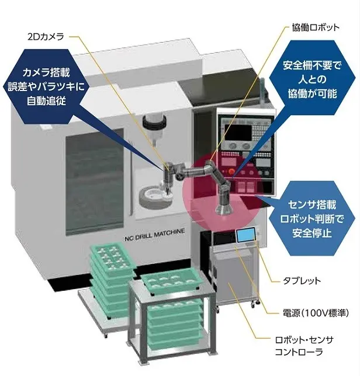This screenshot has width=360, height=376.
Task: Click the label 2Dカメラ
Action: pos(46,37)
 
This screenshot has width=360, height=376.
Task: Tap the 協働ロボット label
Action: pos(316,27)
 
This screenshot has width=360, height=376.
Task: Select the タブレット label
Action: pos(302,281)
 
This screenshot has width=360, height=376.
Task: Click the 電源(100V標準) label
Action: pos(316,313)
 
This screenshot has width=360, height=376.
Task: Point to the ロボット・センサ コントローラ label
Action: pos(304,346)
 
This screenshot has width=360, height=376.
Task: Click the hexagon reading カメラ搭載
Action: pos(46,86)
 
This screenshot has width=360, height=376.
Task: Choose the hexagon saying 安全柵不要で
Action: pos(312,78)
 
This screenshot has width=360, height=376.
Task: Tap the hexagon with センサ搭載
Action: pos(311,218)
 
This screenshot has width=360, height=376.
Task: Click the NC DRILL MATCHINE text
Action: pos(155,235)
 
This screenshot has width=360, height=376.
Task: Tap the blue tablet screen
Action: pos(246,235)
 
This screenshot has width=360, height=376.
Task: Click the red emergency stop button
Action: pos(231,172)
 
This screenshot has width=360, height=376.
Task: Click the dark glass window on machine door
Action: pos(95,182)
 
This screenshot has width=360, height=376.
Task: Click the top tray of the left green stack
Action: pos(113,256)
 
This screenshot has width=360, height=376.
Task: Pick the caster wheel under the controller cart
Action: pos(254,304)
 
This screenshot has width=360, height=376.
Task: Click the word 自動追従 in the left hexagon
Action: pos(46,100)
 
